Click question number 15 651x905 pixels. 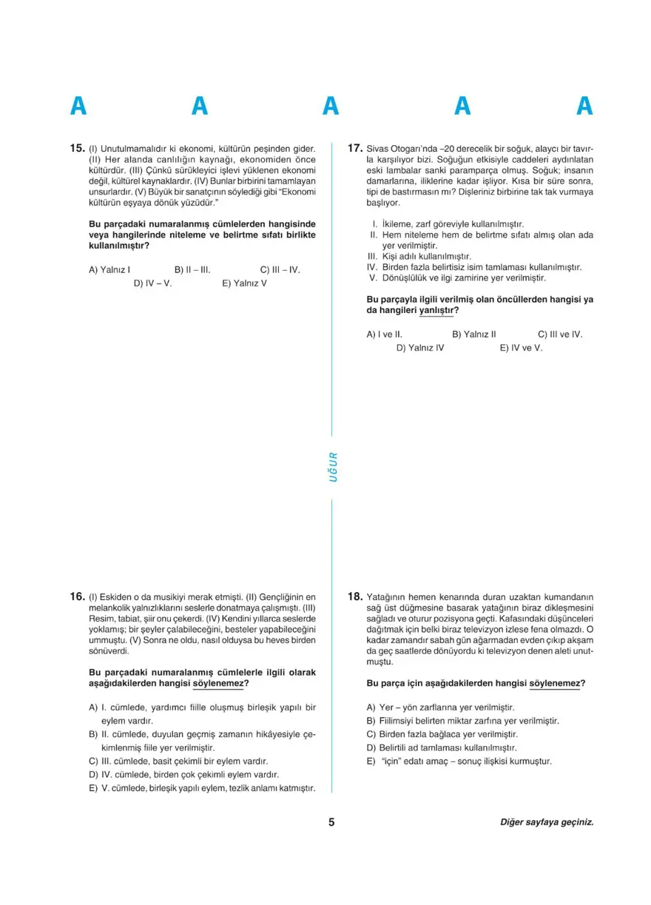pyautogui.click(x=78, y=148)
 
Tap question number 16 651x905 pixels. pyautogui.click(x=78, y=596)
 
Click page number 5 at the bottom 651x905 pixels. pyautogui.click(x=331, y=821)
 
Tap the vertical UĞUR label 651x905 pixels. pyautogui.click(x=333, y=467)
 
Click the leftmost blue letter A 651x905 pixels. pyautogui.click(x=78, y=107)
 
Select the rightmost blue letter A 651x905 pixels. pyautogui.click(x=584, y=107)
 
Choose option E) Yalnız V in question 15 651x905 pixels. pyautogui.click(x=244, y=283)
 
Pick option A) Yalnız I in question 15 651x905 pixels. pyautogui.click(x=109, y=270)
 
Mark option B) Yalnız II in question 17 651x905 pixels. pyautogui.click(x=473, y=334)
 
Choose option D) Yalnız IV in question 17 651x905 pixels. pyautogui.click(x=420, y=347)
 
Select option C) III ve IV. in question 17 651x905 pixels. pyautogui.click(x=560, y=334)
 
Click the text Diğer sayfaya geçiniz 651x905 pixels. pyautogui.click(x=547, y=822)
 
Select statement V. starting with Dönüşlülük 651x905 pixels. pyautogui.click(x=457, y=278)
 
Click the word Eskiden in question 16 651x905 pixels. pyautogui.click(x=114, y=596)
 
